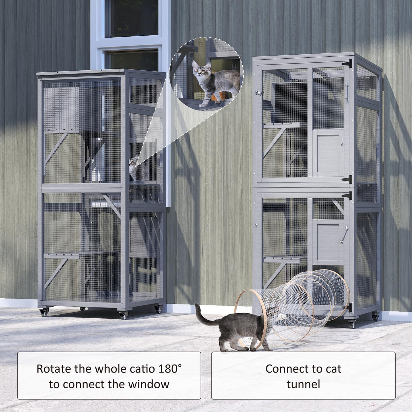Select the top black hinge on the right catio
(x=348, y=63)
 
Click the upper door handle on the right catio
(x=347, y=92)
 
